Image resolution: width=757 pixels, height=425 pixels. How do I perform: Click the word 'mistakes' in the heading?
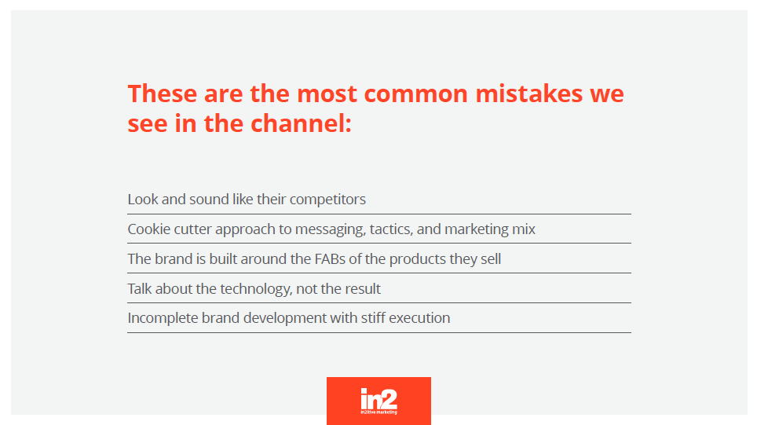(529, 93)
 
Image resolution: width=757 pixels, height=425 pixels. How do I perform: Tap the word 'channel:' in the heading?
(302, 123)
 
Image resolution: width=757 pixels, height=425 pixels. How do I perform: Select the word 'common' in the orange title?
(415, 94)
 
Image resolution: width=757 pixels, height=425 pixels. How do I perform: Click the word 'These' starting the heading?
(163, 93)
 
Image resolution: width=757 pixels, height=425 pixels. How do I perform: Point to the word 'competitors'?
(327, 200)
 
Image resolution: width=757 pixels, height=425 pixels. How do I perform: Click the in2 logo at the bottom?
(379, 401)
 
